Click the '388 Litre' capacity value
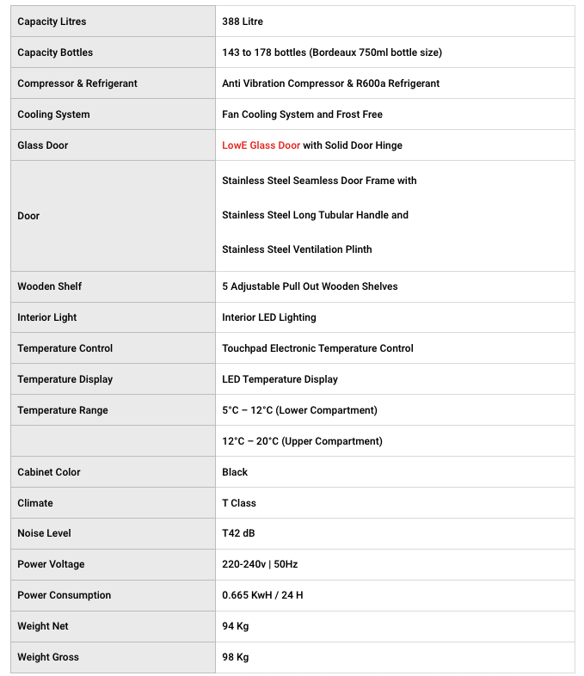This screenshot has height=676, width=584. [243, 22]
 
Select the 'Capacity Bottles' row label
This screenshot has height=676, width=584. [55, 52]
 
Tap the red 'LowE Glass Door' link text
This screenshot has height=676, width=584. [261, 145]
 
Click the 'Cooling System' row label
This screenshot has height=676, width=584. [53, 114]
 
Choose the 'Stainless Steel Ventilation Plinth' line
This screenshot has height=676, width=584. [297, 249]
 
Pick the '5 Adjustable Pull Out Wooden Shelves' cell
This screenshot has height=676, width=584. [310, 286]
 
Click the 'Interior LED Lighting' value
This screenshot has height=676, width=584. [269, 317]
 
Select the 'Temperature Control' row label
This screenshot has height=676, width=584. [65, 348]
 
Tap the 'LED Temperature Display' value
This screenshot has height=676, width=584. [280, 379]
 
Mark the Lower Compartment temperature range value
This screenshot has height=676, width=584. [299, 410]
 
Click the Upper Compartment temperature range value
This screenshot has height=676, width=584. [302, 441]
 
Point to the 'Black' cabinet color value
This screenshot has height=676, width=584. [235, 472]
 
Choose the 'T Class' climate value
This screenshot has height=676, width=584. [239, 503]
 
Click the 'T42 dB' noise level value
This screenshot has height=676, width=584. [238, 533]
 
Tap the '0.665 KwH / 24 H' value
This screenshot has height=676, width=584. [262, 595]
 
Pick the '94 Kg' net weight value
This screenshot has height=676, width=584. [236, 626]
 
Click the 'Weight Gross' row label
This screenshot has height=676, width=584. [48, 657]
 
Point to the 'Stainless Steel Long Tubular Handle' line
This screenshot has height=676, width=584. [315, 215]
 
